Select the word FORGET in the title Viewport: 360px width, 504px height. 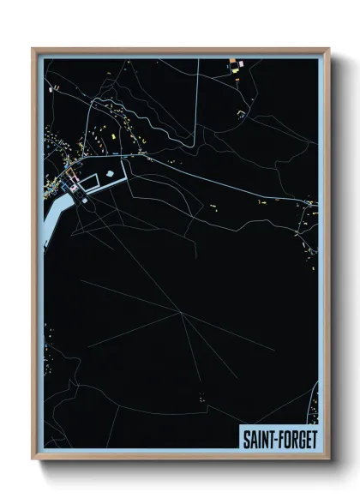(297, 438)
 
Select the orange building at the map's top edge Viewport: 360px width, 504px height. (231, 61)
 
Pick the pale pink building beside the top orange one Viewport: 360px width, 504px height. (240, 63)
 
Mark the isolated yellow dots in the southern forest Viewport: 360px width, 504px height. (201, 396)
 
